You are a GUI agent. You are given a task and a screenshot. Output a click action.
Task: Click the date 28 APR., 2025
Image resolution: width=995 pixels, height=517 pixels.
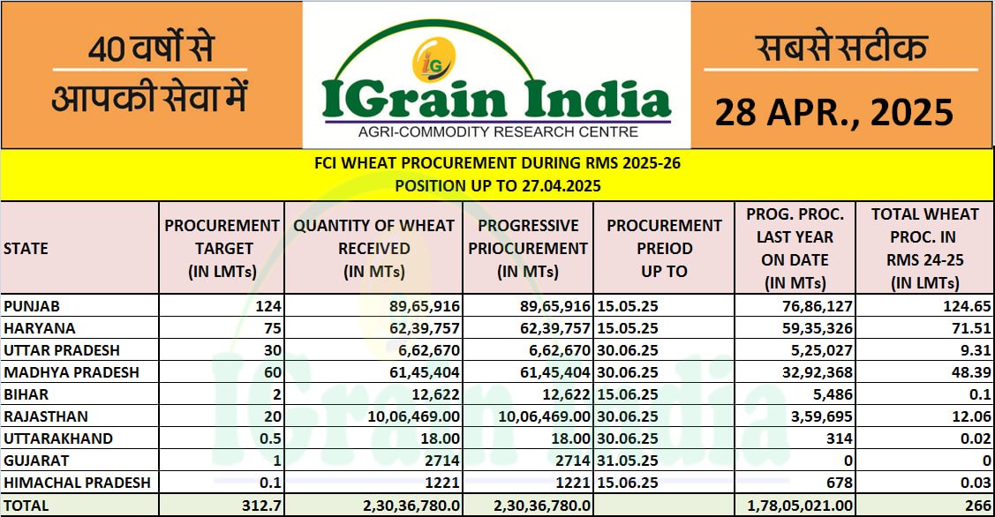point(833,113)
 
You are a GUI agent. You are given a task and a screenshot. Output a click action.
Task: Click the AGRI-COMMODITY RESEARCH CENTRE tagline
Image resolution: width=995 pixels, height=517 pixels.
point(497,132)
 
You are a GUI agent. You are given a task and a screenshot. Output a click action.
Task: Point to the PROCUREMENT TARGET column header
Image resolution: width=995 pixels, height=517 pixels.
point(222,248)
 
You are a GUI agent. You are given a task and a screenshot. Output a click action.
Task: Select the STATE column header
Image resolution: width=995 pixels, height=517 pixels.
point(26,248)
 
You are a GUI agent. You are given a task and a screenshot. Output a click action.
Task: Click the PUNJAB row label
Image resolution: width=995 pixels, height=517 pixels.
point(32,306)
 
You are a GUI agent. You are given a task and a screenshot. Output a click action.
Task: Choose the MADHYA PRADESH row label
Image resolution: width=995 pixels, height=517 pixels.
point(71,372)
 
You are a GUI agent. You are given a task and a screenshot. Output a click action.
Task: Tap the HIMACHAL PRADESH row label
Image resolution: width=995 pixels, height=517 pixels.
point(77,483)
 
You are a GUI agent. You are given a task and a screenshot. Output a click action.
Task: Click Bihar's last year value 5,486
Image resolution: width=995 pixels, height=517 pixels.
point(830,394)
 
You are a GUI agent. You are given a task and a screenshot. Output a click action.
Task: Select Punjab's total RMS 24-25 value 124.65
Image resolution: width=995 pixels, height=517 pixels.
point(965,306)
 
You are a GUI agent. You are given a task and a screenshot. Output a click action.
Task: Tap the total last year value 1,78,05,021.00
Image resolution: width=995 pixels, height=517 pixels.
point(800,506)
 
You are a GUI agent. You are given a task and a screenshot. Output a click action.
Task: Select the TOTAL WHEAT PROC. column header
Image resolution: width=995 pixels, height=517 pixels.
point(924,248)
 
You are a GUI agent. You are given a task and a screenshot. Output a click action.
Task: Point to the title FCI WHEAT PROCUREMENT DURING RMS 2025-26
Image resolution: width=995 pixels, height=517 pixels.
point(497,163)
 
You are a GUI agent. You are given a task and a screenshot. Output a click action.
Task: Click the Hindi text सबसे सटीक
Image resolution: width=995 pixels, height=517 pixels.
point(840,49)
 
